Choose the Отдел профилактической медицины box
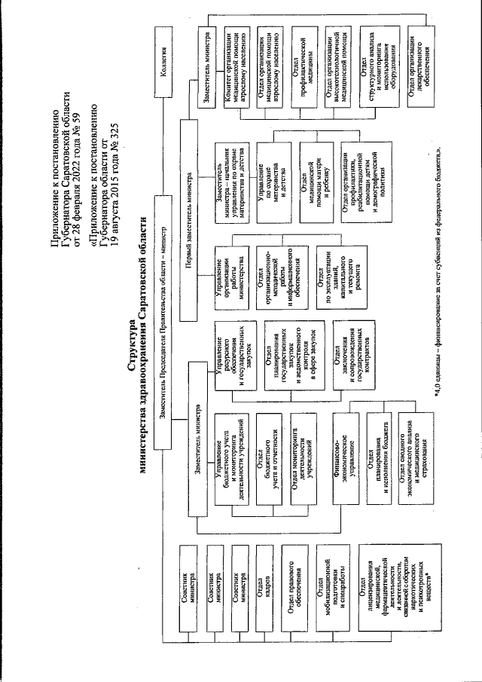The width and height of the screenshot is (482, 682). click(x=301, y=64)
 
